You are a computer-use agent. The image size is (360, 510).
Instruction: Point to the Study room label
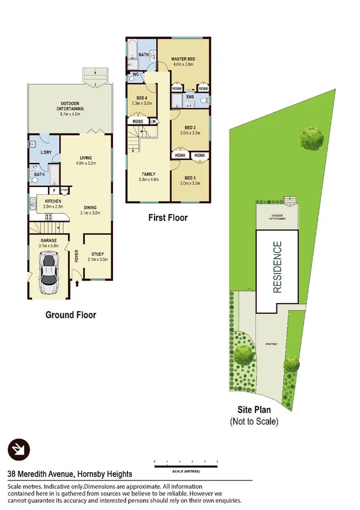(97, 256)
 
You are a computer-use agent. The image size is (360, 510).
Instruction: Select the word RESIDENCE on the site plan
(277, 267)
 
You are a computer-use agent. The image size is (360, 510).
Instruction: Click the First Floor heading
(168, 217)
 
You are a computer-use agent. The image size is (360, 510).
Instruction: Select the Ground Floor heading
(71, 314)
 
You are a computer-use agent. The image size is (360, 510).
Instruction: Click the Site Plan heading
(254, 411)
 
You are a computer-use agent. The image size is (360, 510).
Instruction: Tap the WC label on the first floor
(136, 75)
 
